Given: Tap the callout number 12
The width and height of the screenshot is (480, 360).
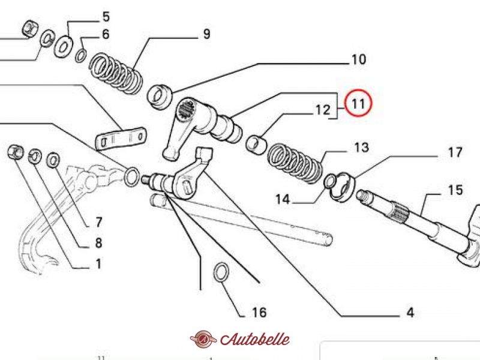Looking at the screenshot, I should (x=323, y=110).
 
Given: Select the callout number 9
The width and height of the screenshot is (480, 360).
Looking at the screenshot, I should (x=206, y=34).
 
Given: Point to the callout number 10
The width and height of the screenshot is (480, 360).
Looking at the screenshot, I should (x=358, y=59).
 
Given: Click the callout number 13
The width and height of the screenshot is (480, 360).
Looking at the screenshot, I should (x=362, y=148).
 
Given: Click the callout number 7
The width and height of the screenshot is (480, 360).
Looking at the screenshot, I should (x=98, y=222).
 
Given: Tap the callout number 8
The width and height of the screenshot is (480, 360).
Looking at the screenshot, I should (x=98, y=243).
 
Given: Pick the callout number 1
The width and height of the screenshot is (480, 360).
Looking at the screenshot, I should (x=98, y=264).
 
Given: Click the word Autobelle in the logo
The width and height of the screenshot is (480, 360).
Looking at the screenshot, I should (x=254, y=339).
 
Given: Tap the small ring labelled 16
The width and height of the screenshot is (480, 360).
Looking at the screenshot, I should (x=221, y=272).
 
